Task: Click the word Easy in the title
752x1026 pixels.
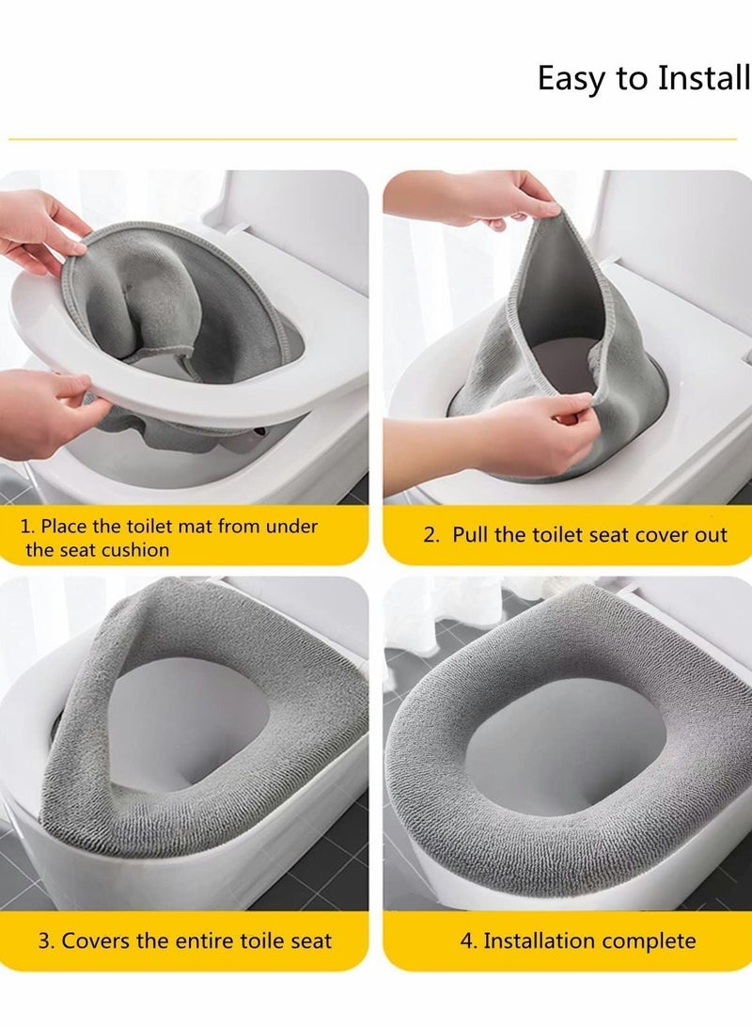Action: pyautogui.click(x=571, y=80)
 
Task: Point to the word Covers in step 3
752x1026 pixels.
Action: pyautogui.click(x=95, y=940)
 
